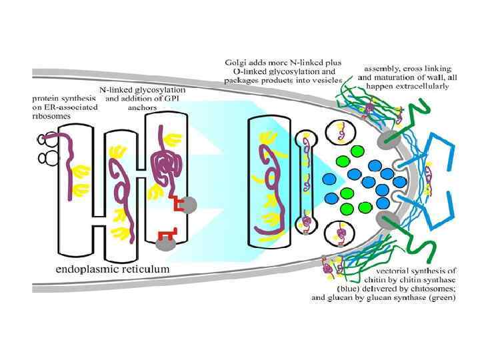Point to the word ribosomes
click(x=53, y=115)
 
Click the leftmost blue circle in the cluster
click(x=330, y=179)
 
